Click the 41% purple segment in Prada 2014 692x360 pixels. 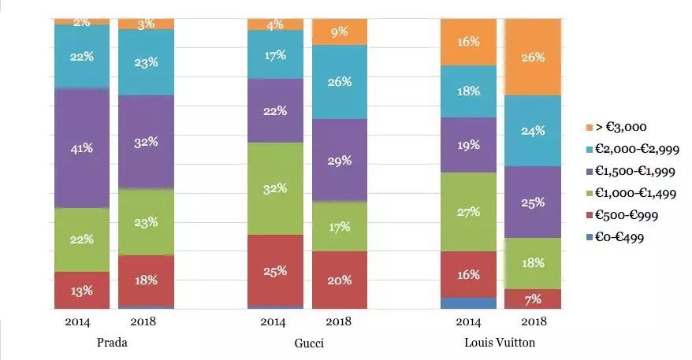pyautogui.click(x=81, y=147)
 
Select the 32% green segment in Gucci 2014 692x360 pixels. pyautogui.click(x=275, y=188)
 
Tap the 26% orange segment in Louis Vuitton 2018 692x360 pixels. pyautogui.click(x=533, y=57)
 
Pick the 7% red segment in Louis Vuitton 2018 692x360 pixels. pyautogui.click(x=533, y=299)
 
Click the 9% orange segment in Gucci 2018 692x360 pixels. pyautogui.click(x=339, y=32)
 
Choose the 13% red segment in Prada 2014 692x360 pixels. pyautogui.click(x=81, y=290)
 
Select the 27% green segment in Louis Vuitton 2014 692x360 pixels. pyautogui.click(x=468, y=211)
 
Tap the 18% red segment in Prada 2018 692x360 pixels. pyautogui.click(x=146, y=280)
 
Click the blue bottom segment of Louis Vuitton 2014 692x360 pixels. pyautogui.click(x=468, y=303)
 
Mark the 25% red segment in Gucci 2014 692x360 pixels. pyautogui.click(x=275, y=270)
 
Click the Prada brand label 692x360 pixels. pyautogui.click(x=111, y=343)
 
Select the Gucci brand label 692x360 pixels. pyautogui.click(x=308, y=343)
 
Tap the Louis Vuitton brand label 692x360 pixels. pyautogui.click(x=500, y=343)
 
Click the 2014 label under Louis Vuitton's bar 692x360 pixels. pyautogui.click(x=468, y=321)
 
